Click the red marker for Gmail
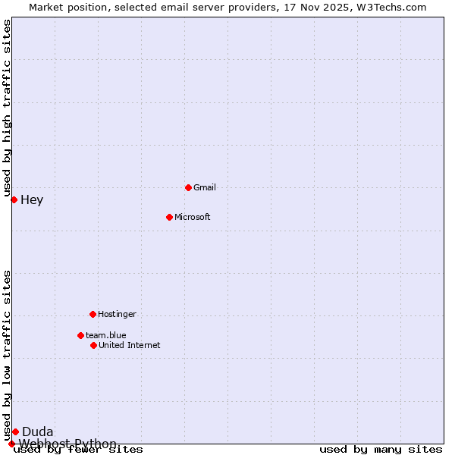tap(188, 187)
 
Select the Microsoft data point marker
tap(169, 217)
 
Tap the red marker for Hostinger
tap(93, 314)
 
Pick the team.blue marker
tap(80, 335)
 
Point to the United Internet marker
tap(93, 345)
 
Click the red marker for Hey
tap(14, 199)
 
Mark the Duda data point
tap(15, 431)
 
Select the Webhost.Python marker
tap(11, 444)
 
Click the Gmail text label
tap(205, 187)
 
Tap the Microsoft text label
tap(193, 217)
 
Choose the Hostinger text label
tap(118, 314)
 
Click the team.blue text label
tap(106, 335)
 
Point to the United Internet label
tap(130, 345)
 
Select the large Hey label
tap(32, 200)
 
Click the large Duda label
tap(38, 432)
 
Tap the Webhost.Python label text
tap(68, 444)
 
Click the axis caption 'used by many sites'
tap(381, 450)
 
